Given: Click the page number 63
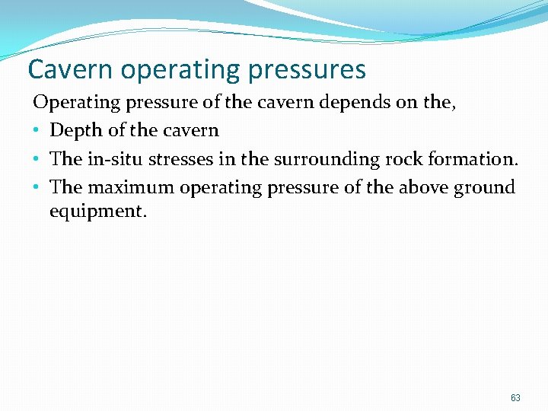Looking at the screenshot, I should (x=516, y=398).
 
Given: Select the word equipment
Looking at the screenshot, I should (x=97, y=212).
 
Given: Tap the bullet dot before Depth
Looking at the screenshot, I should (x=37, y=131).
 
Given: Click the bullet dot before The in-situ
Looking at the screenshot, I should (x=37, y=160).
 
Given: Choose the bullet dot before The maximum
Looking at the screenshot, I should (x=37, y=188).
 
